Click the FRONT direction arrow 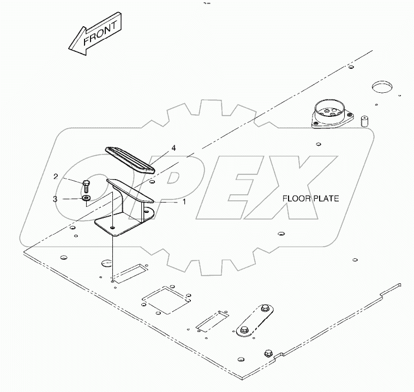[x=95, y=33]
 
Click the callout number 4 [x=173, y=148]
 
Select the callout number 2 [x=56, y=176]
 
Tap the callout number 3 [x=55, y=199]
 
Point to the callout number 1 [x=184, y=201]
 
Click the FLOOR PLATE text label [x=311, y=199]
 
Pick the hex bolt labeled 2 [x=86, y=186]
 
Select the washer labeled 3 [x=86, y=198]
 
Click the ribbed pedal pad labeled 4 [x=130, y=160]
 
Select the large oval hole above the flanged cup [x=382, y=87]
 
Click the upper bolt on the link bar [x=265, y=308]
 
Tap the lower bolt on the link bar [x=244, y=330]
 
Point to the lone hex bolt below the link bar [x=268, y=353]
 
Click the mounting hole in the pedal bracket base [x=113, y=228]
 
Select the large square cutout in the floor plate [x=166, y=300]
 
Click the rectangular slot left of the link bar [x=212, y=321]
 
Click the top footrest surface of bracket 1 [x=129, y=191]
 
